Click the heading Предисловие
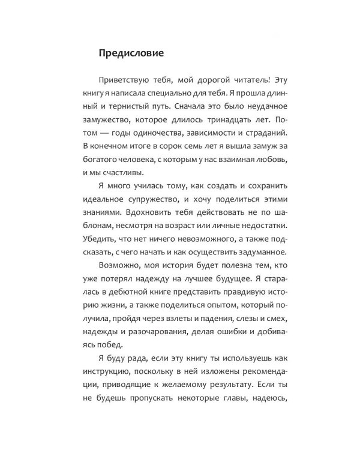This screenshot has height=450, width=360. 130,53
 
